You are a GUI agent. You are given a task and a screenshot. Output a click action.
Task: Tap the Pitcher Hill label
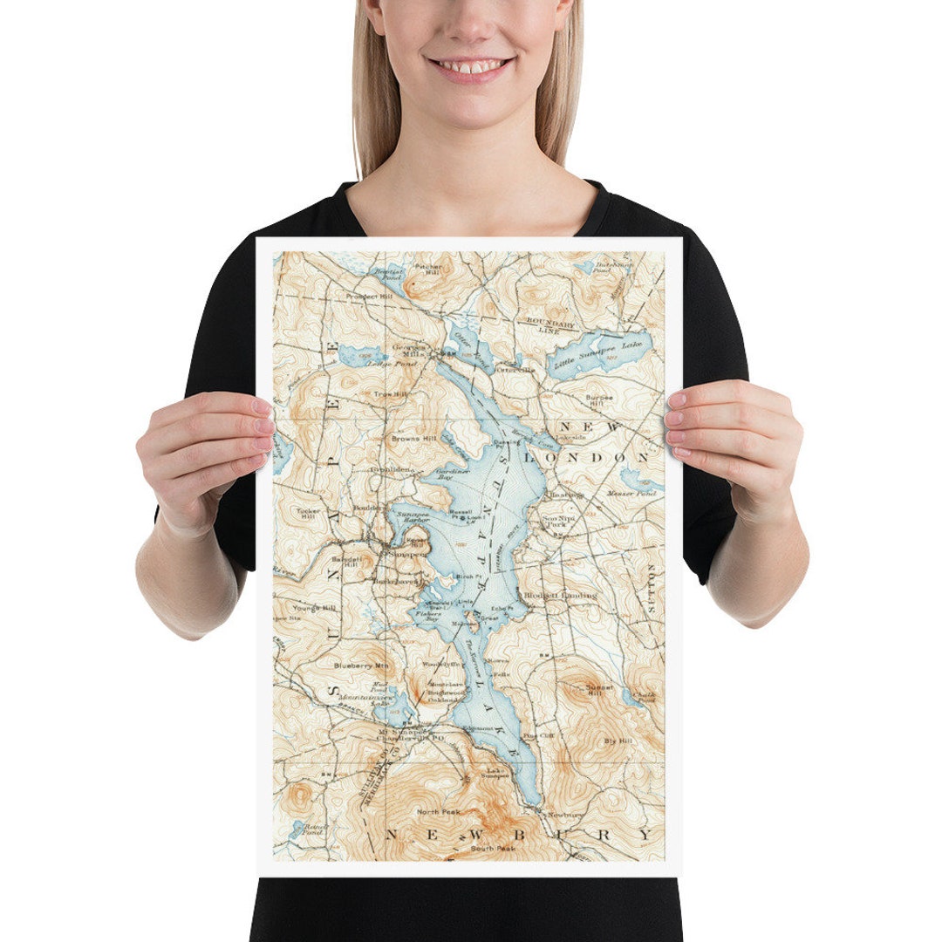tap(428, 270)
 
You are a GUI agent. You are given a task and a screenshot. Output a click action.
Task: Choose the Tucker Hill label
tap(308, 515)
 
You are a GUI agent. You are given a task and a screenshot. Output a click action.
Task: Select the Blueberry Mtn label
tap(359, 666)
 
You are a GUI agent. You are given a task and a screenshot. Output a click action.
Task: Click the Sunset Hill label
tap(595, 690)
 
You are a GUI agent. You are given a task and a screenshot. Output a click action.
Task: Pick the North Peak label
tap(438, 812)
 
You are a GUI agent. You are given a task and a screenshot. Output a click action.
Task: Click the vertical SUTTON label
tap(650, 588)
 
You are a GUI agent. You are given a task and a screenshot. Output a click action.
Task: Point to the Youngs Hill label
tap(314, 608)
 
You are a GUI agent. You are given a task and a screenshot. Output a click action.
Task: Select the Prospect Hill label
tap(369, 297)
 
